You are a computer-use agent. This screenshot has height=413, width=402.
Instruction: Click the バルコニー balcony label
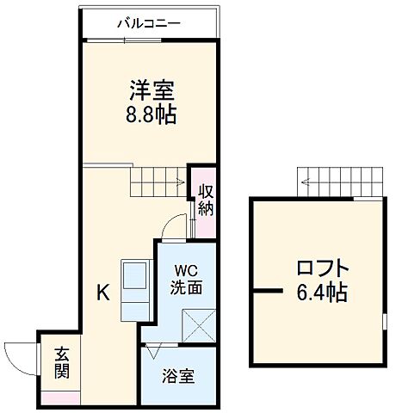[x=149, y=23]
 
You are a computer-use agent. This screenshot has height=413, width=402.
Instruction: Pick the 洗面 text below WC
[x=186, y=287]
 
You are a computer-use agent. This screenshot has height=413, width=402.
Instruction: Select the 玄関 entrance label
[x=61, y=364]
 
